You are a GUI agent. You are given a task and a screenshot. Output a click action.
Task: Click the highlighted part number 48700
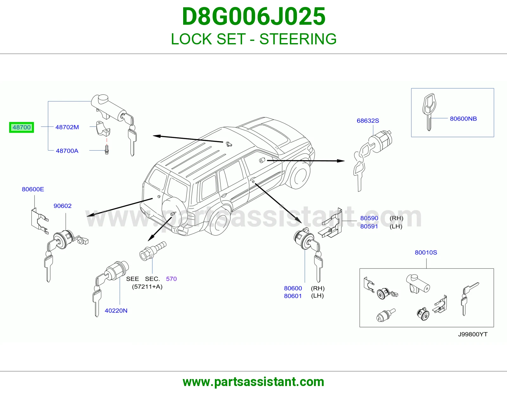coord(22,127)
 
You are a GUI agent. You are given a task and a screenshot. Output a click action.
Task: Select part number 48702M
coord(67,127)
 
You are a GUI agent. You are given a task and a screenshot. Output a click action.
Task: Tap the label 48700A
coord(67,151)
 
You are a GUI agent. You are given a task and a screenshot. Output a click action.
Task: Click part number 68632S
coord(368,121)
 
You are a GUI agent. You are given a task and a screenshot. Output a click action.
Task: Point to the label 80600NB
coord(463,119)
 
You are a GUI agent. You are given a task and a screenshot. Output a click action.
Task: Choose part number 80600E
coord(33,189)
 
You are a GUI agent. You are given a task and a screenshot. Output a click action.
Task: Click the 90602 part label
coord(62,206)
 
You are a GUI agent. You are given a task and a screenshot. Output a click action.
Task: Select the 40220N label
coord(116,311)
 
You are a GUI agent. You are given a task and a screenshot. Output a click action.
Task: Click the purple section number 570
coord(171,279)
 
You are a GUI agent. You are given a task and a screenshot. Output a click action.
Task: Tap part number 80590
coord(369,218)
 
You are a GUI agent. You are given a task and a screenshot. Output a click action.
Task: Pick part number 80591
coord(369,226)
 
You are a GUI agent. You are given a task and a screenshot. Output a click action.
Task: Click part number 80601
coord(293,296)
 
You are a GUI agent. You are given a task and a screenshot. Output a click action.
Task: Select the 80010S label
coord(426,252)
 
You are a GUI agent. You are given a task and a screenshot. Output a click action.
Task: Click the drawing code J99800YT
coord(473,334)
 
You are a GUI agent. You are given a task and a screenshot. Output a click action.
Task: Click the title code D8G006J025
coord(253,16)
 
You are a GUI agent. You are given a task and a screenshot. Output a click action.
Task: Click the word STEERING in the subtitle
coord(298,39)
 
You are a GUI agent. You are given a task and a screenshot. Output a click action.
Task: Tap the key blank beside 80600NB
coord(429,112)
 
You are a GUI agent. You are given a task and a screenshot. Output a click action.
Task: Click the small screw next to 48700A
coord(107,150)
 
